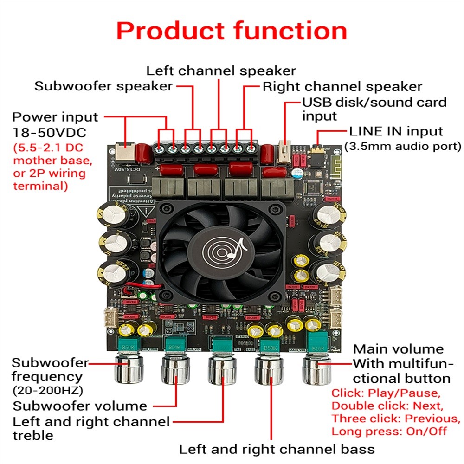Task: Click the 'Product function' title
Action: [232, 31]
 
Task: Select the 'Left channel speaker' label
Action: [221, 71]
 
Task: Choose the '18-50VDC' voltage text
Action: [49, 133]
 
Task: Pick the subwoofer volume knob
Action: [176, 369]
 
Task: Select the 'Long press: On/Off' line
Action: [389, 431]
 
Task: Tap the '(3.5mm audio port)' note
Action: [403, 147]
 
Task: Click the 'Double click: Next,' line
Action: [387, 406]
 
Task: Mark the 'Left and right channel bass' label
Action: [277, 449]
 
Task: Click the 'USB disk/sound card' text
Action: [374, 102]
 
